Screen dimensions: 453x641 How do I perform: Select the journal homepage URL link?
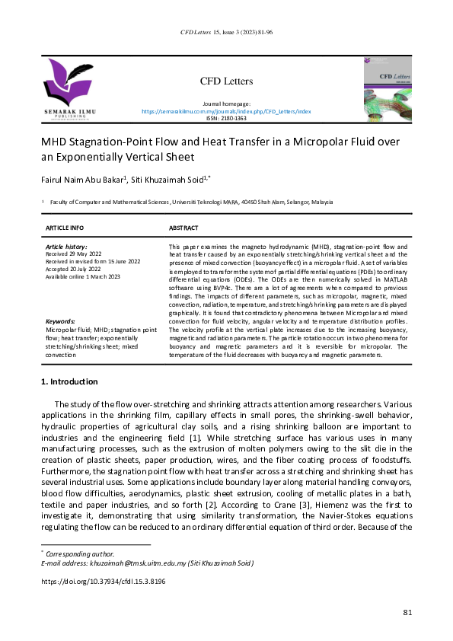coord(226,111)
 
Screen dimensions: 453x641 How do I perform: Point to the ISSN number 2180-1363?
coord(226,119)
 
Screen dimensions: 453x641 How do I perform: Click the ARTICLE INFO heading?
coord(65,228)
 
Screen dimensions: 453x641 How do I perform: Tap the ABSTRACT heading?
coord(183,228)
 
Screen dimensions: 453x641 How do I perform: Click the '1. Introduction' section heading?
coord(69,381)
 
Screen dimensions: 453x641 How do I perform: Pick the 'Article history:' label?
coord(66,247)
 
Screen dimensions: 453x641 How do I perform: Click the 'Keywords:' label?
coord(60,321)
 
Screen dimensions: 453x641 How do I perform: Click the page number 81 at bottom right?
coord(407,613)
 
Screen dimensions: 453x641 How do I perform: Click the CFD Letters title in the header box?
coord(226,81)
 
